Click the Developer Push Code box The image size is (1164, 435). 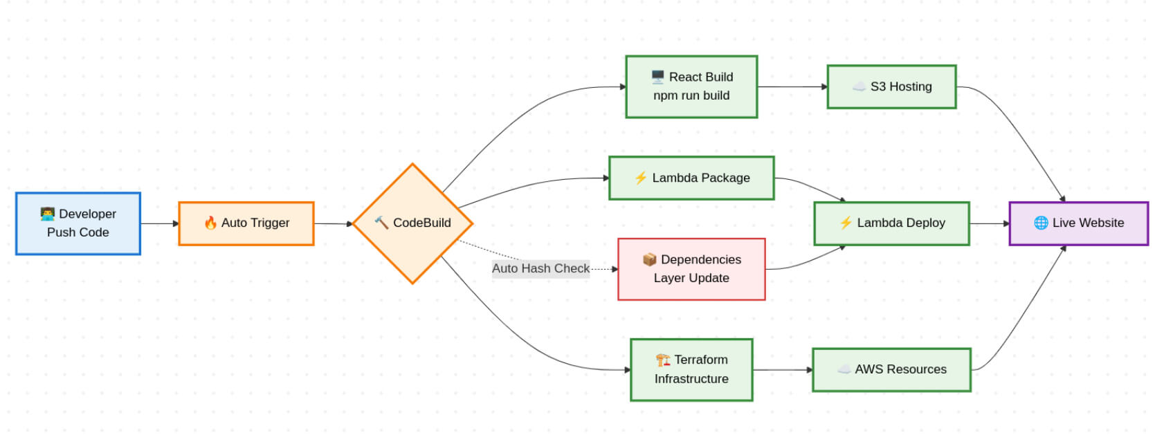click(78, 223)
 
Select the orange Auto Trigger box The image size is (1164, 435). click(246, 223)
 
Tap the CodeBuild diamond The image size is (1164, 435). click(413, 223)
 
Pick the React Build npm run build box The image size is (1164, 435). click(691, 86)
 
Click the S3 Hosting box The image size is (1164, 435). click(891, 86)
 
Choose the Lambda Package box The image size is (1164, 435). click(691, 178)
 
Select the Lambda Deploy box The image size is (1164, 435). click(891, 223)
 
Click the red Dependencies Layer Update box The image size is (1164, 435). click(691, 269)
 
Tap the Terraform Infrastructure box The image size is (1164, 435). click(691, 369)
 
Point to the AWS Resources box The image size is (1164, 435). click(891, 369)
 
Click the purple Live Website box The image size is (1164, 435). click(1078, 223)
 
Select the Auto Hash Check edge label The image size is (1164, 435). click(540, 268)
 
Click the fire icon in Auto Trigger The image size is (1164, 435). click(210, 223)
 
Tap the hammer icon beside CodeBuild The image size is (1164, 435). click(381, 222)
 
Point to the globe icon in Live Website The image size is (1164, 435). click(1040, 223)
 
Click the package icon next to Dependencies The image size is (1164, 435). click(649, 259)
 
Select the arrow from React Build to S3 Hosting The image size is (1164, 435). click(792, 86)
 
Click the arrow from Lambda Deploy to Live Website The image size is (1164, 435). click(990, 223)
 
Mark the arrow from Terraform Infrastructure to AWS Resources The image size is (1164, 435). click(783, 370)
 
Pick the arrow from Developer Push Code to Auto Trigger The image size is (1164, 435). click(160, 223)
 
